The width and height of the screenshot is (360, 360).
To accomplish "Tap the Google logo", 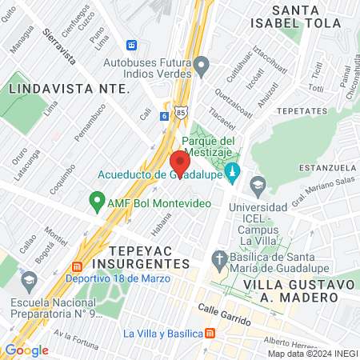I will click(x=26, y=350).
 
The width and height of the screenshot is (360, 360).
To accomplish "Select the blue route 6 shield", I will click(x=164, y=115).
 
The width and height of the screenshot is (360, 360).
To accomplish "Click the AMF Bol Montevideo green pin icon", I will click(x=97, y=200).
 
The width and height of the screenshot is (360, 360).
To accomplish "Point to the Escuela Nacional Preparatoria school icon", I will click(x=29, y=281).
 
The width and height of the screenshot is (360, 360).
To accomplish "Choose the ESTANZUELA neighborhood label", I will click(x=327, y=167).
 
